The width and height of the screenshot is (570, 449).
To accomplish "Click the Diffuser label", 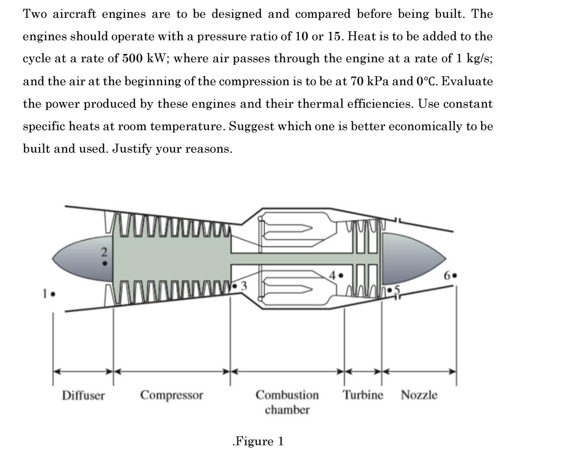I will [x=84, y=395].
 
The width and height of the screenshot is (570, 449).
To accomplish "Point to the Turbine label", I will [x=363, y=395].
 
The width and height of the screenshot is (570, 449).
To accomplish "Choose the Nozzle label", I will [x=419, y=395].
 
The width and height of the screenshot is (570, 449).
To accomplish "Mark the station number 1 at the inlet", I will [x=44, y=295].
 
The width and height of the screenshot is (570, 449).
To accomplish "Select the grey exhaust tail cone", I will [x=412, y=257].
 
